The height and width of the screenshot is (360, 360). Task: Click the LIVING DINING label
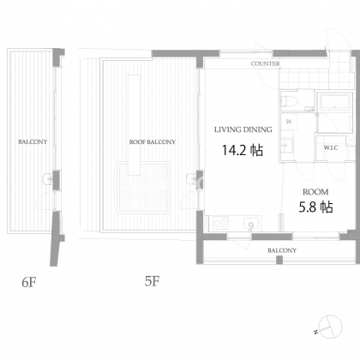243,129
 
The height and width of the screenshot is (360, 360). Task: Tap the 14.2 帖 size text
243,150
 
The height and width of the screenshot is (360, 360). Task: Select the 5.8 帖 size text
315,207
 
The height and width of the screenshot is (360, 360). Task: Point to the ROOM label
315,192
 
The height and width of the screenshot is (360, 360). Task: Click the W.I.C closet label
331,147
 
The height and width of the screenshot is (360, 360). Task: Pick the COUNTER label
265,63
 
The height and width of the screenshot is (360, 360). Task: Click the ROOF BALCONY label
153,142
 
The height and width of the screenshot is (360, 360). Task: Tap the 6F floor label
29,282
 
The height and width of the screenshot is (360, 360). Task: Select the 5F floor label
152,281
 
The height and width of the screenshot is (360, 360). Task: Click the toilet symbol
289,101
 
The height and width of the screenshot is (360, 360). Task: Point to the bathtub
334,101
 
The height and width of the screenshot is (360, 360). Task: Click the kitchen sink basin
251,224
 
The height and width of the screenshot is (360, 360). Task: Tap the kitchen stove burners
220,223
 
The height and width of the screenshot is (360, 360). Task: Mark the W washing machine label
289,122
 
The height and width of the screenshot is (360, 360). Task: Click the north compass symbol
328,327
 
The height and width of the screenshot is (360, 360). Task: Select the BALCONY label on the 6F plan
33,141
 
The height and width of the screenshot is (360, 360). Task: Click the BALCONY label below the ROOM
282,250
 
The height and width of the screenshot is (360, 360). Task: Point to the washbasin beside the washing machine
286,146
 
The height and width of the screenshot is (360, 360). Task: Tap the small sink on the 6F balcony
47,179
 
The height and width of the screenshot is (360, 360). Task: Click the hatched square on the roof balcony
143,188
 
